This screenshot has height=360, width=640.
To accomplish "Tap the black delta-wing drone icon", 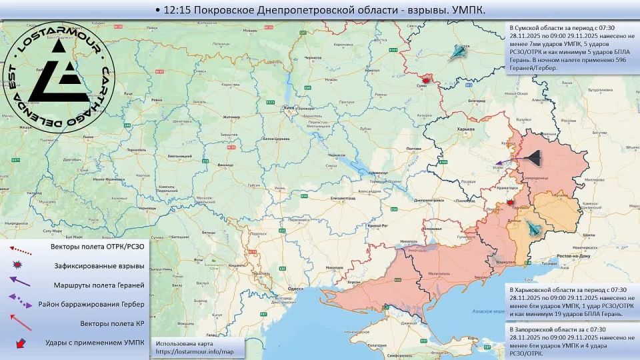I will point(532,157).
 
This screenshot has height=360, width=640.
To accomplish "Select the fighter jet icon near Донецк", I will point(534,229).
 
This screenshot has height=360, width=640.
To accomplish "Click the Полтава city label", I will point(413,148).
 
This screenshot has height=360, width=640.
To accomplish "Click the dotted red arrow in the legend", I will point(20,248).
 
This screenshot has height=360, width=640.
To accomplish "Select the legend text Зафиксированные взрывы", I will point(99,265).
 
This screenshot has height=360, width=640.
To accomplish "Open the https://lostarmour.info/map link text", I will point(195,351).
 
